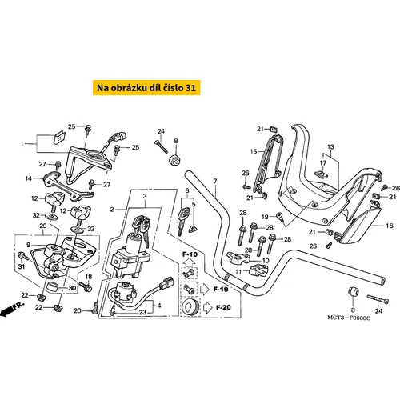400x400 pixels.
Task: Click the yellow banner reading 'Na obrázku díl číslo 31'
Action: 146,87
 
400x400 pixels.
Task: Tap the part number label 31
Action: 22,266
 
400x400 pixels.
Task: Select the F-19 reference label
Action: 221,290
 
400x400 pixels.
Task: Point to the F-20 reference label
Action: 223,307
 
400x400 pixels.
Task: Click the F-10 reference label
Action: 190,254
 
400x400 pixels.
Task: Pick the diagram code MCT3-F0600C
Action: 349,318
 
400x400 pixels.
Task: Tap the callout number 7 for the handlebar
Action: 215,181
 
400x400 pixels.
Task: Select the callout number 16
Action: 390,226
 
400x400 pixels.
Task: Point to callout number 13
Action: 330,146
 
